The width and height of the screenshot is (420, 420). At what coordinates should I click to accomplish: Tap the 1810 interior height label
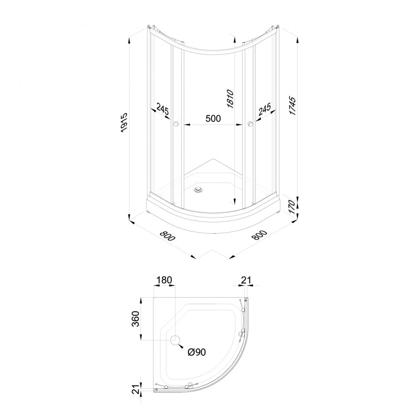(230, 99)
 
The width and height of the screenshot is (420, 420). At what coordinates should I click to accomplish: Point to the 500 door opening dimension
(213, 118)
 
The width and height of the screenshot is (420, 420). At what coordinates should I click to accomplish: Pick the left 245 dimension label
(163, 110)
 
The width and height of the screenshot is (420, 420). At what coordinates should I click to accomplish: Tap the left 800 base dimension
(168, 236)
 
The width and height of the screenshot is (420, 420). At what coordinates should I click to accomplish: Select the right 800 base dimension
(259, 236)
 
